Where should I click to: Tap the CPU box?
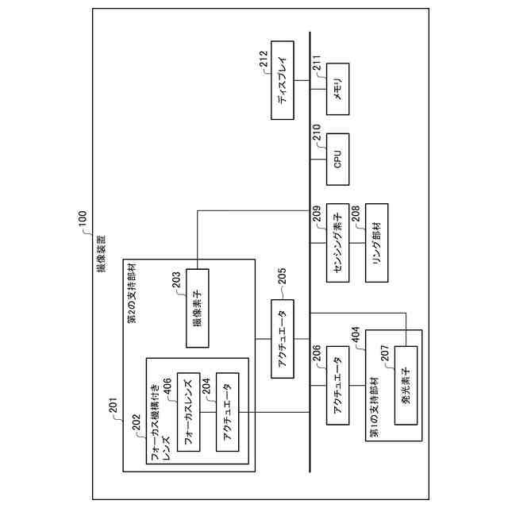pyautogui.click(x=337, y=159)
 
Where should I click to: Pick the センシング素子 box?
pyautogui.click(x=337, y=244)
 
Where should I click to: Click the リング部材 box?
pyautogui.click(x=376, y=244)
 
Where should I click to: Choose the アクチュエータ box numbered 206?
pyautogui.click(x=337, y=386)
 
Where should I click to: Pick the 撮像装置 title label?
pyautogui.click(x=100, y=252)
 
